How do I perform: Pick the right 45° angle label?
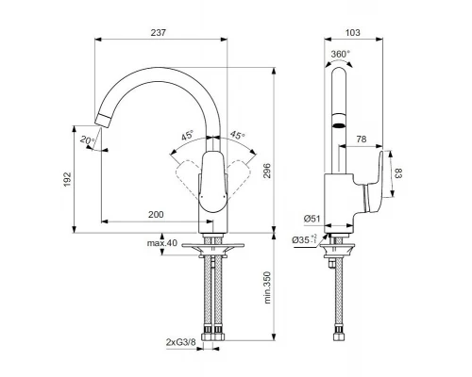236,135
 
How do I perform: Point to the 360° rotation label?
341,54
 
